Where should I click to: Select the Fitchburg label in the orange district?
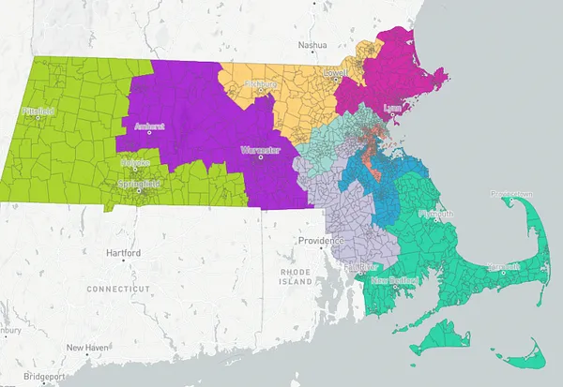261,83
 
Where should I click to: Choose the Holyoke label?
134,163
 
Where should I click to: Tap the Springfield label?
139,184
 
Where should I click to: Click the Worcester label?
260,150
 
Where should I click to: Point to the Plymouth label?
434,214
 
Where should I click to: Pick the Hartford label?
122,254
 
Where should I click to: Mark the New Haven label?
88,348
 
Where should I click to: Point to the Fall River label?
362,267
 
